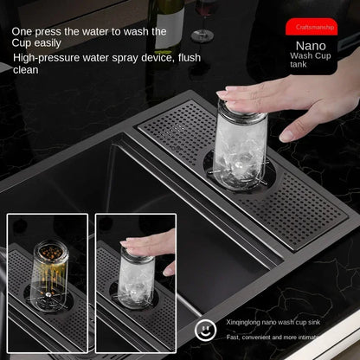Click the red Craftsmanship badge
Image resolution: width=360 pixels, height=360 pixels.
(x=312, y=27)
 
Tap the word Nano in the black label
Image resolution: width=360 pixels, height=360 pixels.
(x=311, y=46)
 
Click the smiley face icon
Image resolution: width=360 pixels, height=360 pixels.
(x=205, y=330)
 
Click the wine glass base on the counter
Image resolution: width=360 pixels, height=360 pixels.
(x=202, y=37)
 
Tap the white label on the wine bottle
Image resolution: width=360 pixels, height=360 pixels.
(x=170, y=28)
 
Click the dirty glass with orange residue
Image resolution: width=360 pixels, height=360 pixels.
(x=50, y=270)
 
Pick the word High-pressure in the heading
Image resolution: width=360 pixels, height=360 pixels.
(x=46, y=58)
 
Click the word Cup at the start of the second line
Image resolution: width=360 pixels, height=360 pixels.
(x=20, y=43)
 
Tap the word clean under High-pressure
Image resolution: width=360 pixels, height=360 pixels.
(x=26, y=70)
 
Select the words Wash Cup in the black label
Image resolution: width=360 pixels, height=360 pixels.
(x=311, y=55)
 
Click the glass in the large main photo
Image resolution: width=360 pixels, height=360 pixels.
(x=240, y=145)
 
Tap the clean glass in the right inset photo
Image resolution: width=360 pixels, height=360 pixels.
(x=136, y=278)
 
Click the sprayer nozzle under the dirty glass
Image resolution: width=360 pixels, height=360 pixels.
(x=48, y=295)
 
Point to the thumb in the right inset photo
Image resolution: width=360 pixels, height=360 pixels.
(x=170, y=270)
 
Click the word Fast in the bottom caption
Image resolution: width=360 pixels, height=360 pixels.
(x=232, y=337)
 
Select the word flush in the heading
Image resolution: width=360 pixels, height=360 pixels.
(x=190, y=58)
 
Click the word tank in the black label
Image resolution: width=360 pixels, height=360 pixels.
(x=299, y=64)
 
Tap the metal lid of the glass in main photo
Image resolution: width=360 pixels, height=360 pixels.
(x=241, y=111)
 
